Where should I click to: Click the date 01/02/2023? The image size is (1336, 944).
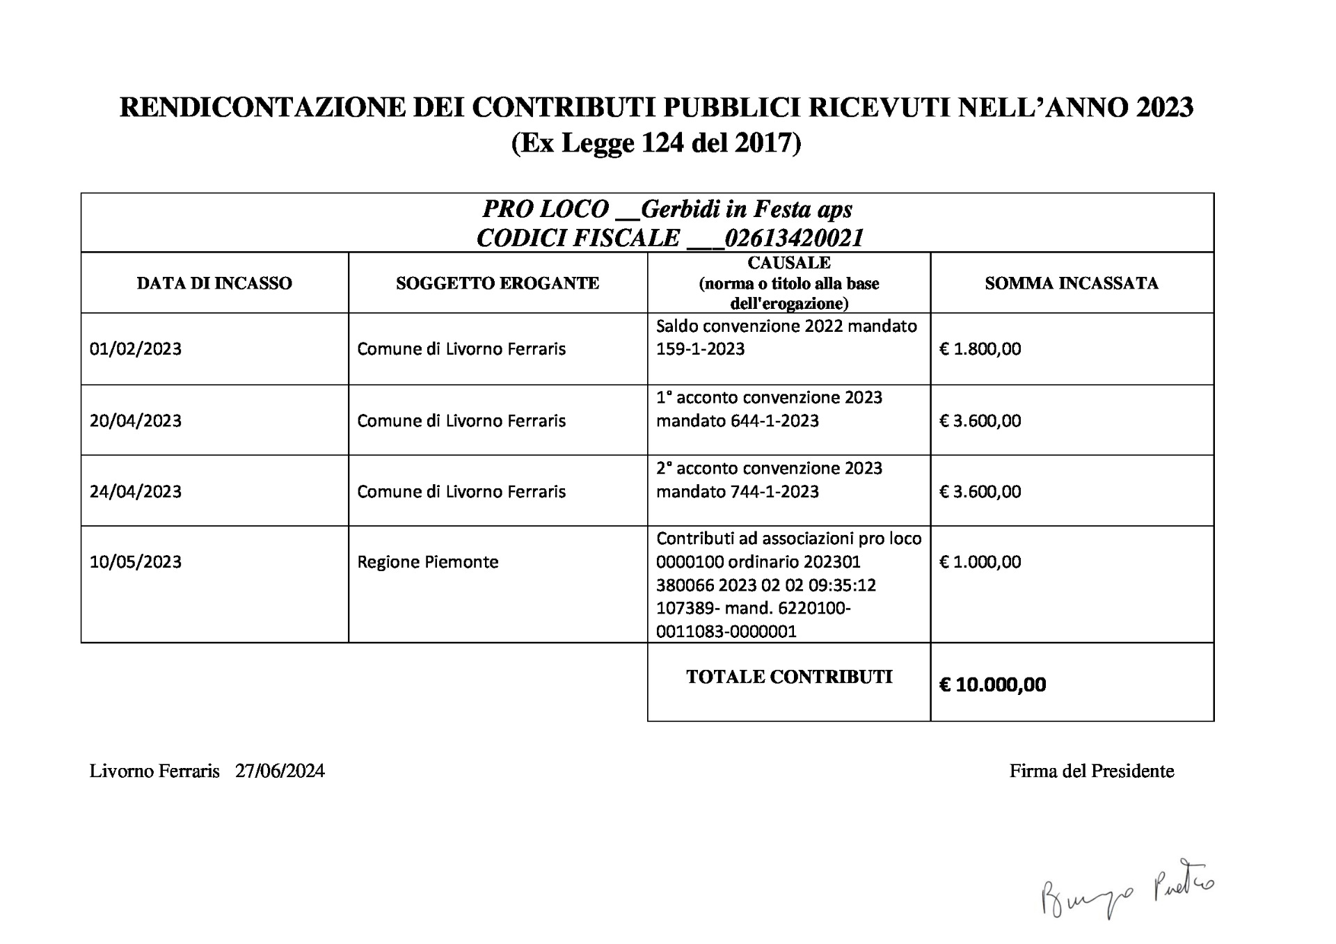(x=136, y=349)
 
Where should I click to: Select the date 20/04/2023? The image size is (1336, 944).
(x=136, y=421)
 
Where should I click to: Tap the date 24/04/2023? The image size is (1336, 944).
(x=136, y=492)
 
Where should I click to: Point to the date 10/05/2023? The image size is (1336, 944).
(x=136, y=562)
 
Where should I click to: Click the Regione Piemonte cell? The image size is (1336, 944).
(x=428, y=562)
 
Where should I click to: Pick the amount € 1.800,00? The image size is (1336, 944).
(x=980, y=349)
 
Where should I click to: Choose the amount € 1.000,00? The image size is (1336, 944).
(x=980, y=562)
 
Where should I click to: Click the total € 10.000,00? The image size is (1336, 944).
(x=992, y=685)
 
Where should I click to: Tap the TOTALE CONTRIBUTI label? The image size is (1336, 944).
(x=789, y=678)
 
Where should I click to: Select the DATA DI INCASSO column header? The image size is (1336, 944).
(x=214, y=283)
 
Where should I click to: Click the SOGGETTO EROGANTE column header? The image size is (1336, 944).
(x=498, y=283)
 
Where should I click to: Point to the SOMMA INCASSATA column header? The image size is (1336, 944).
(x=1072, y=283)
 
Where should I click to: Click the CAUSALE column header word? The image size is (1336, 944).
(x=789, y=263)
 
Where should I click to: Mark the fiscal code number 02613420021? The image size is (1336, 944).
(x=794, y=239)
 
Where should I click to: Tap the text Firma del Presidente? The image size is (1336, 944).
(x=1092, y=771)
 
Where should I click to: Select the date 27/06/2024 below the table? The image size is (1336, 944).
(x=280, y=771)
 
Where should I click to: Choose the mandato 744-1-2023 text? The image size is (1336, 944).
(x=738, y=492)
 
